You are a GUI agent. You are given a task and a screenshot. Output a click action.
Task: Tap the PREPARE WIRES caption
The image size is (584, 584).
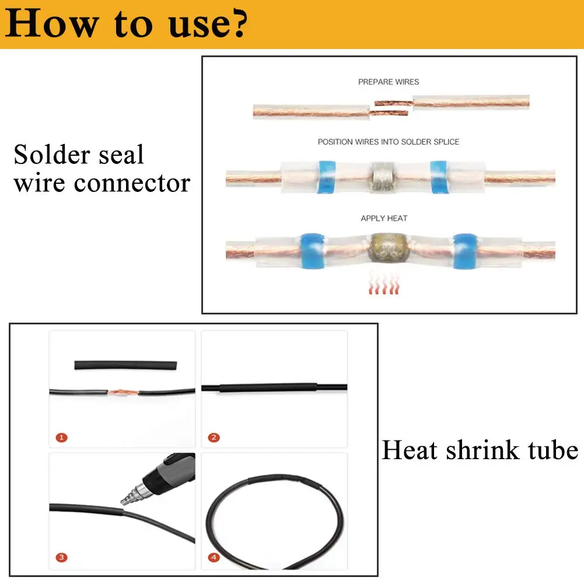tap(389, 82)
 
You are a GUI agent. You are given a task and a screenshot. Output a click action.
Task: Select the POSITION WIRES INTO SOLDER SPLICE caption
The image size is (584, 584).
tap(389, 142)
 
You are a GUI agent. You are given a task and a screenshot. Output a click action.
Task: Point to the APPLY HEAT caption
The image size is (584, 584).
tap(384, 218)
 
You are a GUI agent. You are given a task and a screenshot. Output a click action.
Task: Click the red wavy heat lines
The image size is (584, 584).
tap(384, 285)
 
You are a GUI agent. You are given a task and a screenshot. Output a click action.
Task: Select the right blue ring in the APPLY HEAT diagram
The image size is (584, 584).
tap(465, 251)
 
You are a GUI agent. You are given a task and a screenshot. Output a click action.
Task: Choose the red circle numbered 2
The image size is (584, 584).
tap(214, 437)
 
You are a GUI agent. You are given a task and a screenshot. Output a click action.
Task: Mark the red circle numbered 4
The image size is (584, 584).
tap(214, 558)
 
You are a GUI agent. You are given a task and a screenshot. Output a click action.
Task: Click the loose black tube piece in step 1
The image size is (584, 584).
tap(125, 365)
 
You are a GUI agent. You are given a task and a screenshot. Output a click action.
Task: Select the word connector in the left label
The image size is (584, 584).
tap(132, 183)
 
